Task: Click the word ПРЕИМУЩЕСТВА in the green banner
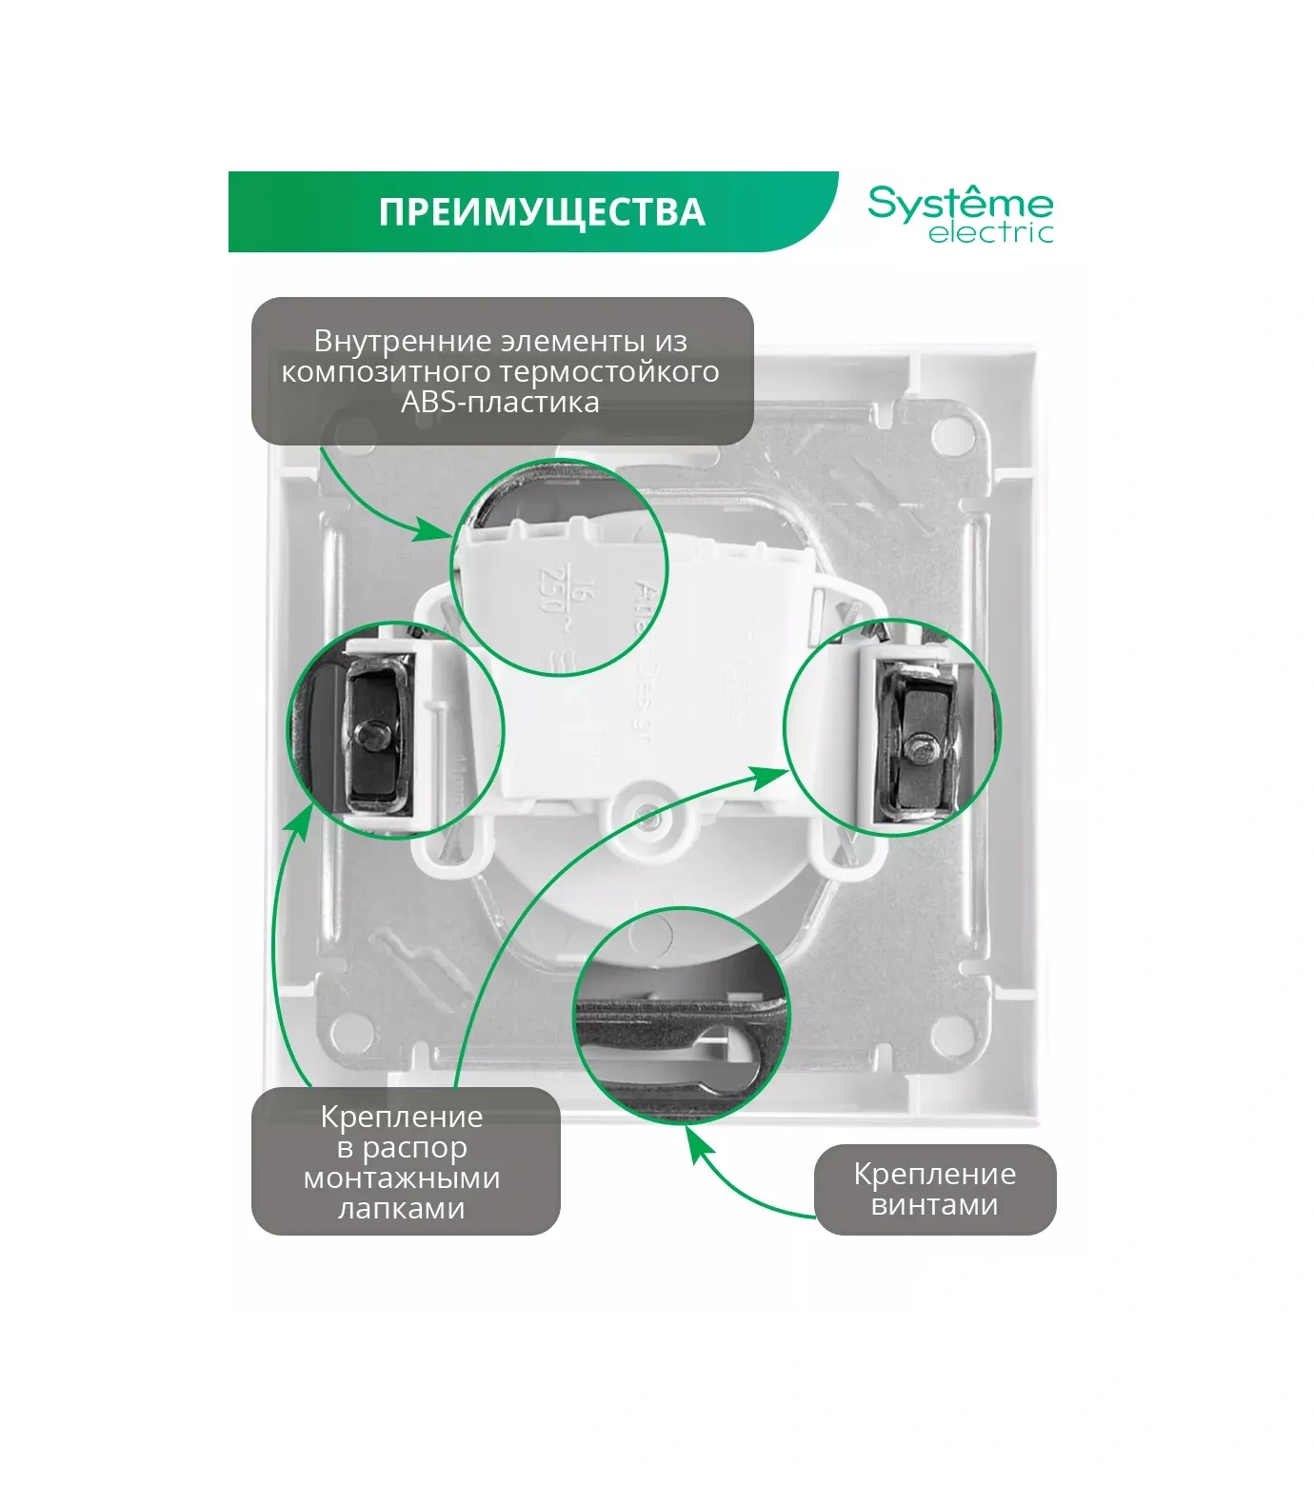pyautogui.click(x=541, y=211)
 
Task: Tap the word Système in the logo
pyautogui.click(x=960, y=204)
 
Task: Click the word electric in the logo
pyautogui.click(x=990, y=233)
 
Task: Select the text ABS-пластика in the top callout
pyautogui.click(x=500, y=402)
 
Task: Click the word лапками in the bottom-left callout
pyautogui.click(x=401, y=1209)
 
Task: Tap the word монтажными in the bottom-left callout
pyautogui.click(x=401, y=1178)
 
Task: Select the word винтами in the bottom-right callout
pyautogui.click(x=934, y=1205)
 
